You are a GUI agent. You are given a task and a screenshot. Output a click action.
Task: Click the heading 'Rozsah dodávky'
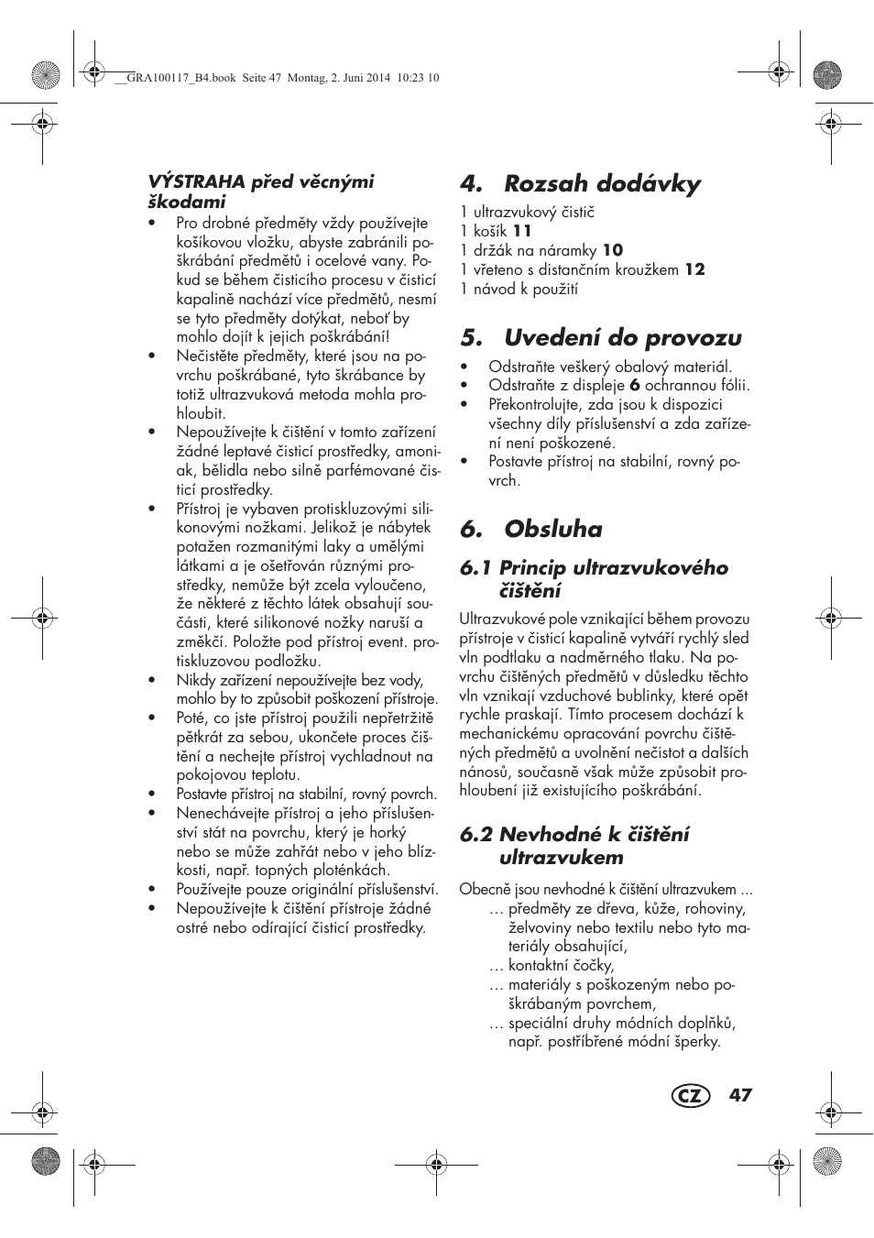click(602, 183)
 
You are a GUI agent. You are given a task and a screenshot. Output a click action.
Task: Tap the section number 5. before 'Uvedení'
click(471, 338)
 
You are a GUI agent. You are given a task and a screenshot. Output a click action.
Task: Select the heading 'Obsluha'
click(553, 530)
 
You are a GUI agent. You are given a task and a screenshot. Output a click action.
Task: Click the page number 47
click(740, 1095)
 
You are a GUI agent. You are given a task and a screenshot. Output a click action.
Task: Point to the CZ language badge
click(690, 1096)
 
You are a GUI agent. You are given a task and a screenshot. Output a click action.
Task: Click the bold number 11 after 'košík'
click(521, 231)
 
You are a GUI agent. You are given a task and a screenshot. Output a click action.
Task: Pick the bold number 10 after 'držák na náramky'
click(613, 250)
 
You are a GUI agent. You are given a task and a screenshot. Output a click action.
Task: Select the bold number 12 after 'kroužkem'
click(695, 269)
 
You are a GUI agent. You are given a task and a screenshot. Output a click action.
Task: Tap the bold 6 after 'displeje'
click(634, 386)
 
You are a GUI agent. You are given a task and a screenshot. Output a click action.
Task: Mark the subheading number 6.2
click(476, 835)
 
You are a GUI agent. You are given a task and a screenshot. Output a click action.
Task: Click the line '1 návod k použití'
click(519, 289)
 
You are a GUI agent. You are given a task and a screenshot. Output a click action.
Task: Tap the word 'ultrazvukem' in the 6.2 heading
click(561, 858)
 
